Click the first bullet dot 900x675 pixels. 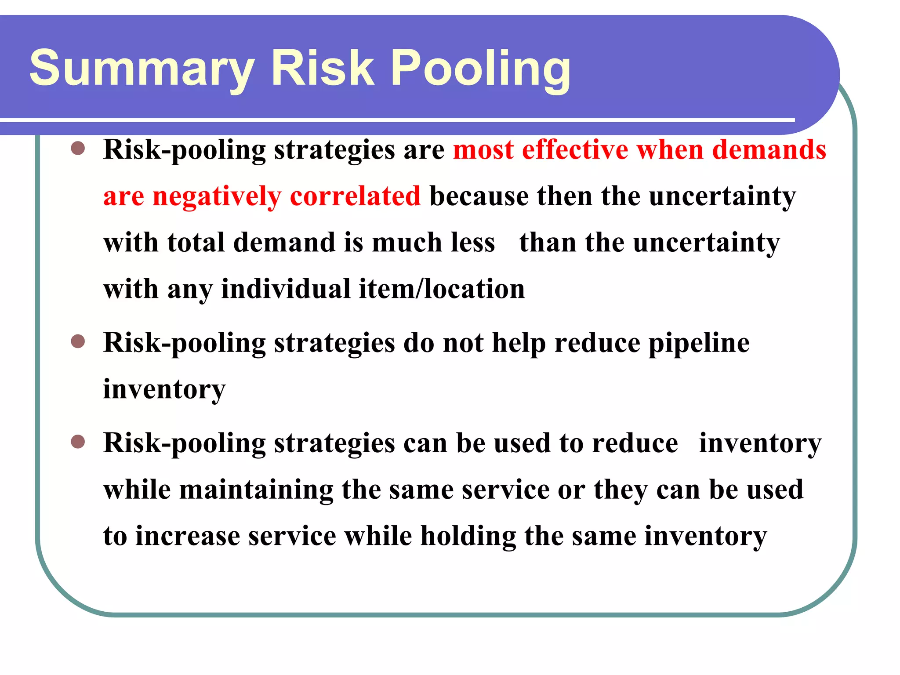point(78,148)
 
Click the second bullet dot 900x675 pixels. point(78,341)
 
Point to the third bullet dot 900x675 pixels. point(78,441)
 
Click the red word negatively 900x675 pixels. point(217,196)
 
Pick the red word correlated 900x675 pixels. point(355,196)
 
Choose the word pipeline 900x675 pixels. point(699,343)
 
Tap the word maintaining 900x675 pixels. point(256,490)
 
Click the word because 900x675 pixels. point(479,196)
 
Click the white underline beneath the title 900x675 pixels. point(396,120)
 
